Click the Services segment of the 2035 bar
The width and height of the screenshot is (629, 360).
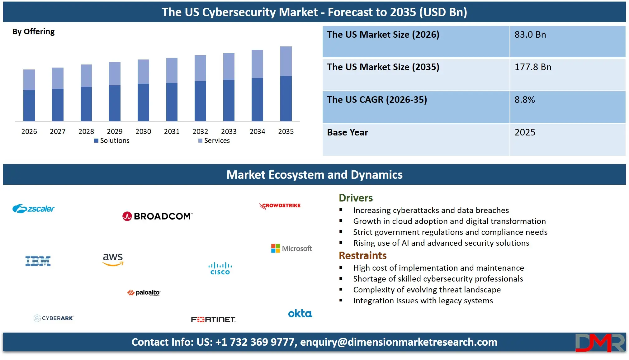point(286,61)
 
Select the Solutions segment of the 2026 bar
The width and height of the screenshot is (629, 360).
point(29,105)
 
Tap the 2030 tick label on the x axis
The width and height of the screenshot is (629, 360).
point(143,131)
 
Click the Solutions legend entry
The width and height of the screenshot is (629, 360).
point(112,141)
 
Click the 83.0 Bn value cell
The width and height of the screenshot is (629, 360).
point(530,35)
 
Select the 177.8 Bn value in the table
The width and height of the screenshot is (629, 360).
point(532,67)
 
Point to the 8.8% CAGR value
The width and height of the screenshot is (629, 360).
point(524,100)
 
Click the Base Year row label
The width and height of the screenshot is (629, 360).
point(348,132)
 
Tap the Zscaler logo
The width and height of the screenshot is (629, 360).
point(33,209)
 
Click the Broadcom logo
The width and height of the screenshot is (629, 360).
point(157,216)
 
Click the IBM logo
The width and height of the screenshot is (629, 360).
point(38,261)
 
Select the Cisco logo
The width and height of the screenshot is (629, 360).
point(220,268)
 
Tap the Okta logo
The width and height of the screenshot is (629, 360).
point(300,313)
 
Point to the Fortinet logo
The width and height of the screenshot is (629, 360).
point(213,320)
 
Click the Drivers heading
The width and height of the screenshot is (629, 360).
point(356,198)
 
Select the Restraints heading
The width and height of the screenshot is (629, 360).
point(362,256)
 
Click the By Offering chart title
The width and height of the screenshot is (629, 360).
point(33,32)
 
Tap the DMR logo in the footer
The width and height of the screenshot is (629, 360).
point(600,343)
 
